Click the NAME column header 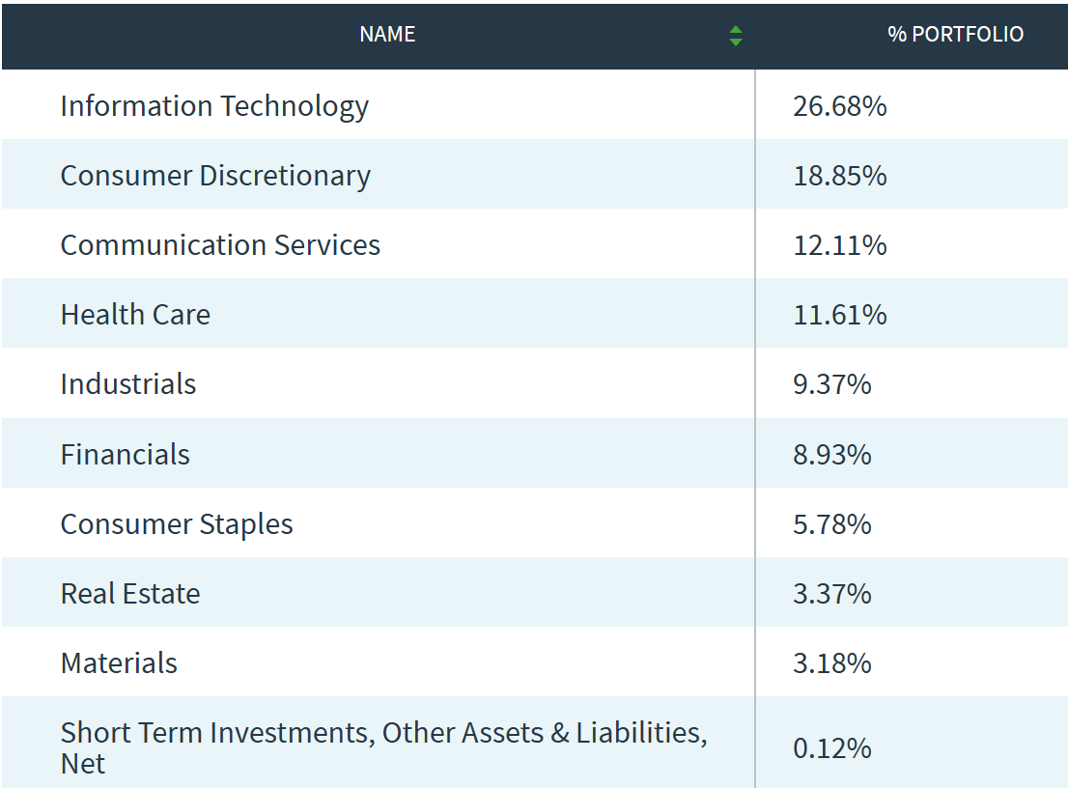click(387, 35)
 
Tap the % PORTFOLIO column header click(955, 35)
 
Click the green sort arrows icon click(736, 36)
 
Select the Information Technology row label click(214, 105)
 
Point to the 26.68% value click(839, 105)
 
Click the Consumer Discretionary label click(215, 176)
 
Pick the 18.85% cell click(839, 176)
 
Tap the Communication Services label click(220, 245)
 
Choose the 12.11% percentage click(839, 245)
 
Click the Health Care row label click(135, 315)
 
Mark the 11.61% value click(839, 315)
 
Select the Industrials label click(128, 384)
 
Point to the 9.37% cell click(831, 384)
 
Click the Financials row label click(126, 455)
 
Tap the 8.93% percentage click(831, 455)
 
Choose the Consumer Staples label click(177, 524)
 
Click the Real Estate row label click(130, 594)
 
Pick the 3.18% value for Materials click(831, 663)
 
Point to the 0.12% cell click(831, 748)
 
